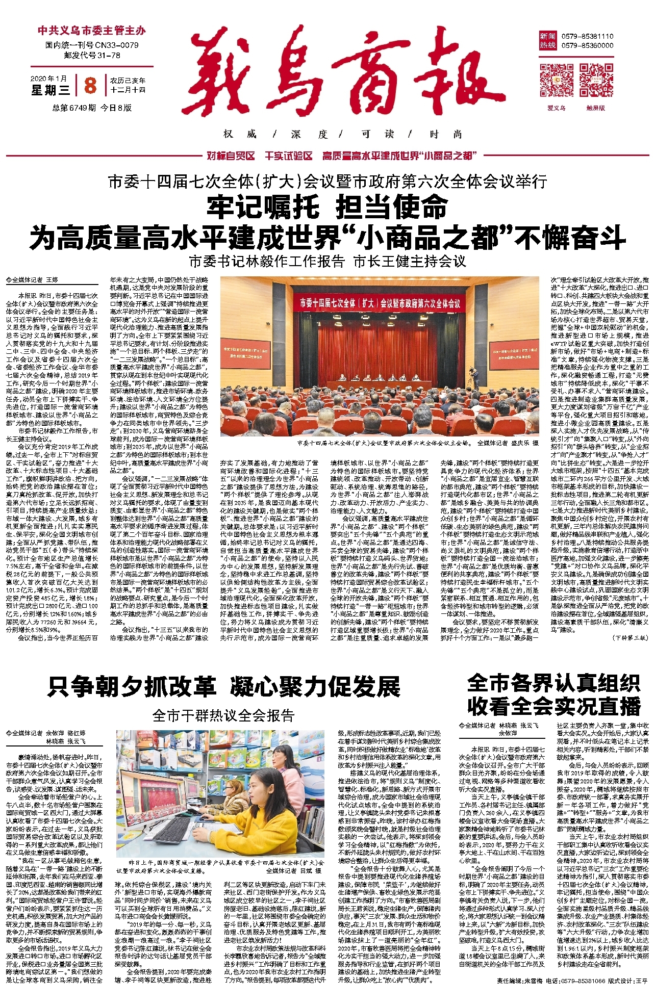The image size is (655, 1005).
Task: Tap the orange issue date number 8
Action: [x=90, y=85]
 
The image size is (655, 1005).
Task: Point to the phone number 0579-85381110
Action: [x=587, y=37]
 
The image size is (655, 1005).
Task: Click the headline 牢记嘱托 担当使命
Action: [x=327, y=207]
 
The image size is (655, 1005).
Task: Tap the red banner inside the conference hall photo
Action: [x=380, y=303]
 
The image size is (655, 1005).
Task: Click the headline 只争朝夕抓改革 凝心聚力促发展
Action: [x=224, y=686]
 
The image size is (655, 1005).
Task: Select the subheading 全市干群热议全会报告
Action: [x=223, y=715]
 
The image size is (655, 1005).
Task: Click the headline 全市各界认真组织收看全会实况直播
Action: [x=553, y=694]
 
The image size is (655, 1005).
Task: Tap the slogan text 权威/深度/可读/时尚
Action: [x=342, y=134]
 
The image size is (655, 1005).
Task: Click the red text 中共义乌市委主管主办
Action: [x=92, y=31]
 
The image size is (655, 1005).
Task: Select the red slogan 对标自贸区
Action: [x=231, y=156]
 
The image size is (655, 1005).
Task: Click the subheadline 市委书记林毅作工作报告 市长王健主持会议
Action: [x=327, y=262]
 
